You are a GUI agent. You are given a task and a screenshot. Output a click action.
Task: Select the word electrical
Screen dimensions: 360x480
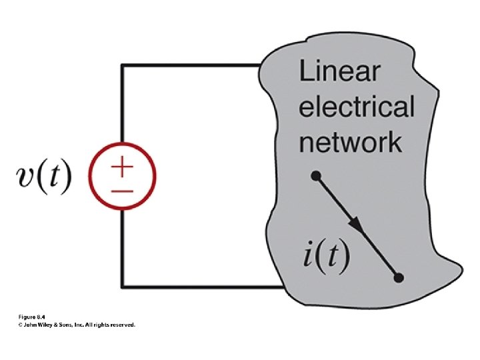[357, 107]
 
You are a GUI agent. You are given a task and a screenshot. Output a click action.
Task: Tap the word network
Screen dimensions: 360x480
[350, 141]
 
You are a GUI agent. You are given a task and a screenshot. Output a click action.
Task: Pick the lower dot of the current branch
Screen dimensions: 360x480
[399, 277]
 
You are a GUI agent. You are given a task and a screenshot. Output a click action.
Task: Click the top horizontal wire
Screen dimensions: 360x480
[190, 65]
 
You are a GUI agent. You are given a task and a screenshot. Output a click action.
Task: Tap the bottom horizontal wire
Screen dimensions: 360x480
[200, 287]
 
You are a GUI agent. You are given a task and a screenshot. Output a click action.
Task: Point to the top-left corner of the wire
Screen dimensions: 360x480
[121, 65]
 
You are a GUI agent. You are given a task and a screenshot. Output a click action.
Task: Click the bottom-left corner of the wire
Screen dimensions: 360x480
[121, 287]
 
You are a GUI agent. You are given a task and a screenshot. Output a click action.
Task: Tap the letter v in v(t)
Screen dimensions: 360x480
[26, 179]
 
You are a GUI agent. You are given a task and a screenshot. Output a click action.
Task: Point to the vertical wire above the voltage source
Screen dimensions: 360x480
[121, 107]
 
